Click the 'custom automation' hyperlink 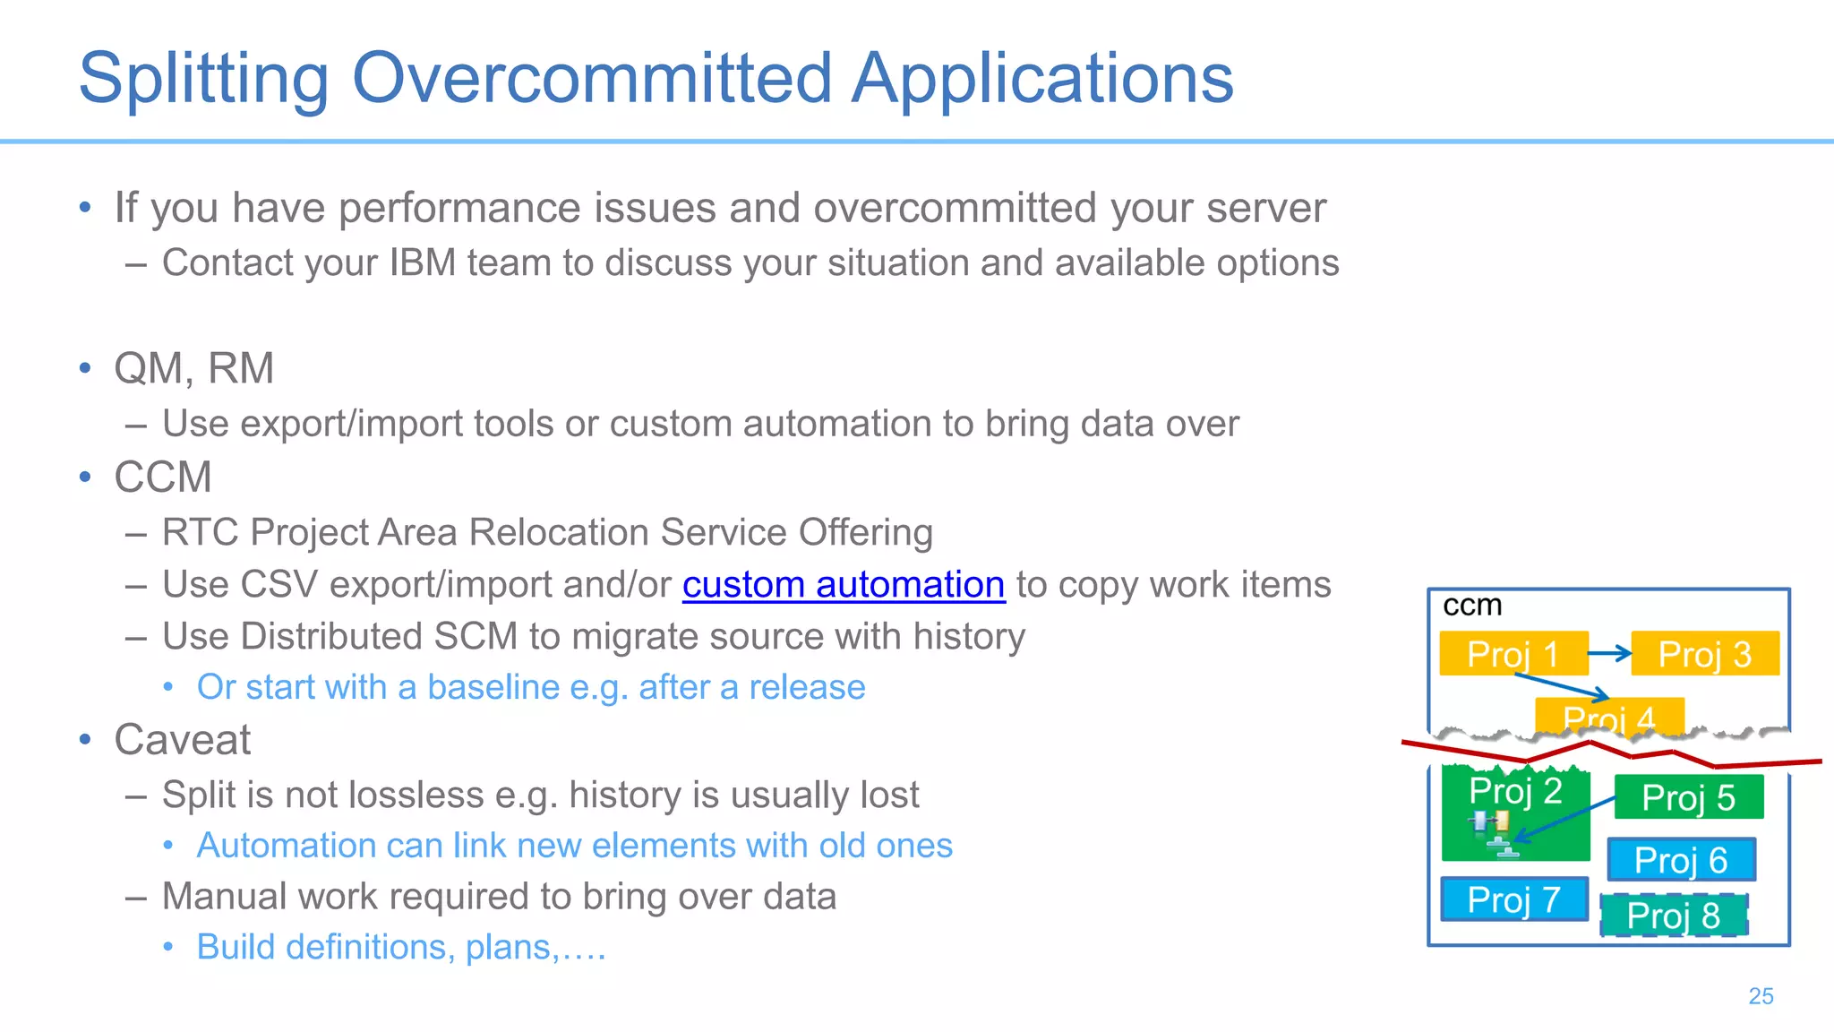coord(843,585)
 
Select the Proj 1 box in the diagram coord(1513,654)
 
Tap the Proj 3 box coord(1704,654)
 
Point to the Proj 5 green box coord(1688,797)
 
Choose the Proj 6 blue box coord(1681,860)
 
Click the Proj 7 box coord(1513,899)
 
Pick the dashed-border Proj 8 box coord(1673,916)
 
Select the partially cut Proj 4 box coord(1608,716)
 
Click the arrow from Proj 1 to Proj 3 coord(1610,654)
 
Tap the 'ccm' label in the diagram coord(1471,606)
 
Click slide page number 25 coord(1761,996)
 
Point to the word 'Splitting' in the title coord(204,79)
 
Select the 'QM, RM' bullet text coord(193,368)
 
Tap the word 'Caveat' coord(182,740)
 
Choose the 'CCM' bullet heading coord(163,477)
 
